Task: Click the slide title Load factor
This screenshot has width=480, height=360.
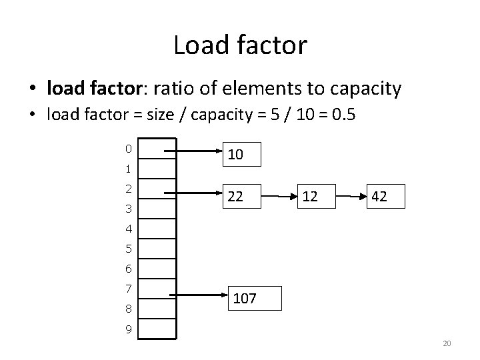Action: coord(240,45)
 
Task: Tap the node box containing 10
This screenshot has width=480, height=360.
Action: coord(241,154)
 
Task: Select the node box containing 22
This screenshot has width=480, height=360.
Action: coord(241,197)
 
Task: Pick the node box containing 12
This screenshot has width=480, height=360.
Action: coord(314,197)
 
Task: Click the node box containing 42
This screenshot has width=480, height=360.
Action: coord(387,197)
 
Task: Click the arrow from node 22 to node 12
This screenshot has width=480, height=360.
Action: coord(279,197)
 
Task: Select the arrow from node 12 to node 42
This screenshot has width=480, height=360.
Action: coord(351,197)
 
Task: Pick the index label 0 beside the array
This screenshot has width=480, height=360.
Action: coord(128,148)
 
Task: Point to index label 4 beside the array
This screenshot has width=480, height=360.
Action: coord(128,229)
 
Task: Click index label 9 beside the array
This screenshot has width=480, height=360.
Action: coord(128,329)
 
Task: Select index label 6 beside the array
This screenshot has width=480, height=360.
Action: coord(128,269)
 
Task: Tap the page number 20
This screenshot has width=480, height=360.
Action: coord(447,343)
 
